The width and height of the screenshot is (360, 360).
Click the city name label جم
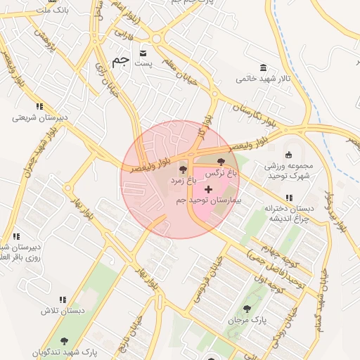click(x=120, y=60)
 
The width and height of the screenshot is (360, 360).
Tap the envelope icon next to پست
click(x=144, y=53)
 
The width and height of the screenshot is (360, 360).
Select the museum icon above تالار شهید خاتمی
click(x=263, y=67)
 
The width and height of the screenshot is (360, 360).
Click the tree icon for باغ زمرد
click(x=184, y=169)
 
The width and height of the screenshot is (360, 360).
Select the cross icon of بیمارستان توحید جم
click(x=208, y=189)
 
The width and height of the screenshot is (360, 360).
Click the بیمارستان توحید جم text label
click(x=208, y=201)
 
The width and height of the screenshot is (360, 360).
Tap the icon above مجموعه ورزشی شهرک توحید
click(x=288, y=155)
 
